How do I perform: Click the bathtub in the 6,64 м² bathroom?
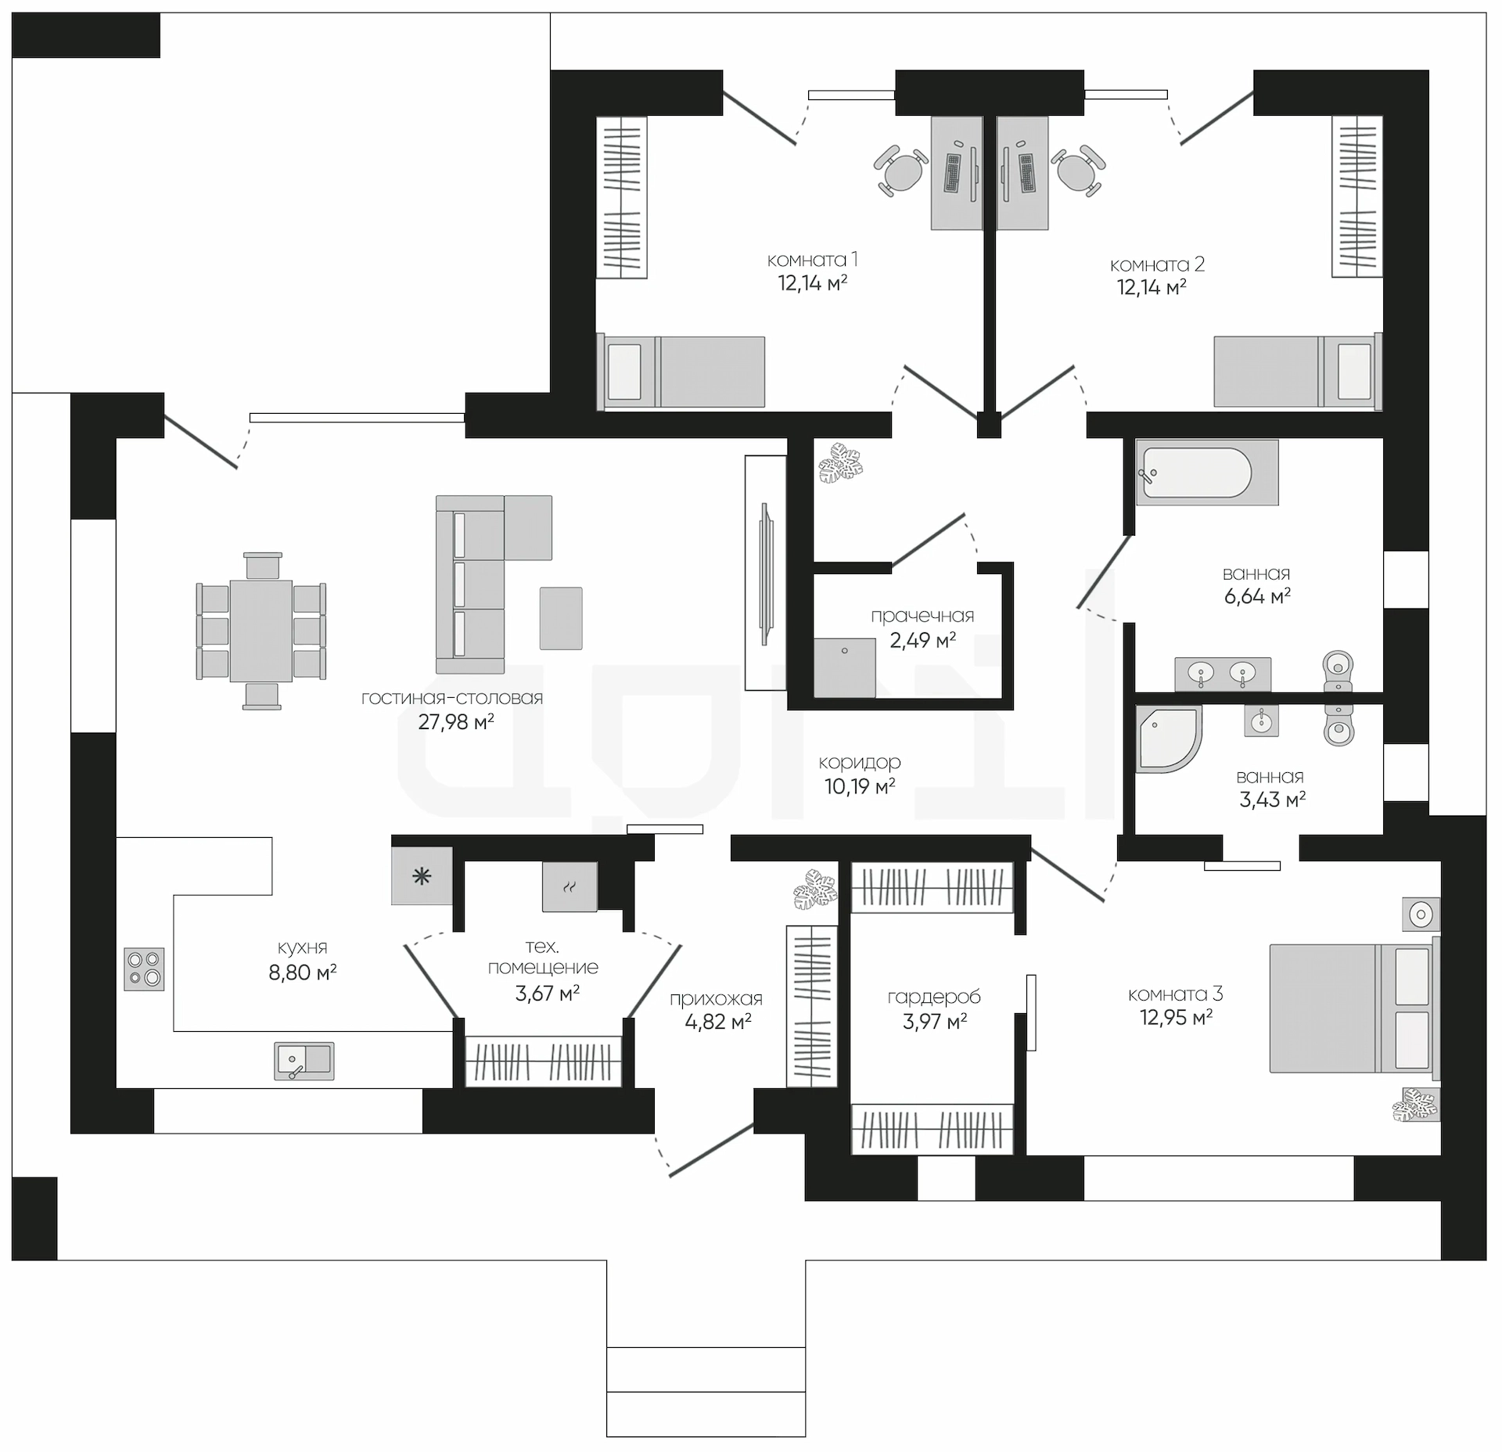tap(1207, 472)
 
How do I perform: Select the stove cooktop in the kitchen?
tap(145, 969)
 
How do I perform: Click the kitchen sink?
tap(304, 1062)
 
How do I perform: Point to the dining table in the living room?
tap(261, 631)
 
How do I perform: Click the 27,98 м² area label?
tap(455, 721)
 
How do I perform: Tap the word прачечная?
tap(922, 616)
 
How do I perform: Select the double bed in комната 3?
tap(1354, 1007)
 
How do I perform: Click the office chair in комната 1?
tap(902, 169)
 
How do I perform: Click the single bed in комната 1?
tap(681, 372)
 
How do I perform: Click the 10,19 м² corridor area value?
tap(860, 786)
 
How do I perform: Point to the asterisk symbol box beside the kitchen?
tap(422, 876)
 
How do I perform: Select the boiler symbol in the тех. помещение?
tap(570, 887)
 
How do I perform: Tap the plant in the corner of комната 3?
tap(1416, 1104)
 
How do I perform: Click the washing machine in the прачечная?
tap(844, 667)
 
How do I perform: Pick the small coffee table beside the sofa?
tap(561, 618)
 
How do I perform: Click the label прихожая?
tap(716, 999)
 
